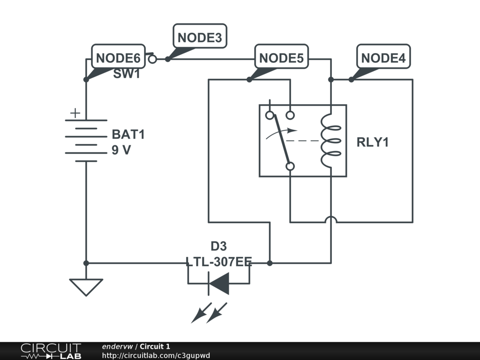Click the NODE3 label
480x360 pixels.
coord(200,37)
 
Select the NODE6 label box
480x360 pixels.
coord(118,58)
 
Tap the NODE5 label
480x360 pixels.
coord(281,58)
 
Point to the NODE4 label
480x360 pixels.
coord(383,58)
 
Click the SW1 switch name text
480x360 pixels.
coord(127,74)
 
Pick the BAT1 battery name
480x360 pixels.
coord(128,135)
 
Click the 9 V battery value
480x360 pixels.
coord(121,151)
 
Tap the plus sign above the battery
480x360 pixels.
coord(75,113)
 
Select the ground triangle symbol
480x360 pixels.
coord(86,286)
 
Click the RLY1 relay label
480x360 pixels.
coord(373,142)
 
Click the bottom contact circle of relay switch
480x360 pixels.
coord(290,166)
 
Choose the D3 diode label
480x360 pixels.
coord(218,247)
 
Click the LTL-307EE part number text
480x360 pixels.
coord(218,262)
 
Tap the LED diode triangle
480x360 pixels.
coord(219,283)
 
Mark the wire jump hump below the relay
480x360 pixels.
coord(331,219)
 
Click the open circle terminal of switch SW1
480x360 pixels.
coord(152,59)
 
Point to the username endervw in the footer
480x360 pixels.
coord(117,346)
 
